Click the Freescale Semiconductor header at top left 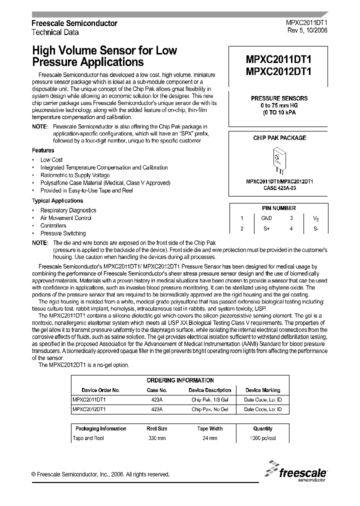pyautogui.click(x=74, y=23)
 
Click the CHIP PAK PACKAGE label pyautogui.click(x=279, y=138)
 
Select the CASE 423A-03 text pyautogui.click(x=279, y=188)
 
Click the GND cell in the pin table pyautogui.click(x=266, y=218)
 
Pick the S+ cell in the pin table pyautogui.click(x=266, y=228)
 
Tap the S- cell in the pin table pyautogui.click(x=315, y=228)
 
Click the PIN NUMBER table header pyautogui.click(x=279, y=208)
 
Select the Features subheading pyautogui.click(x=43, y=150)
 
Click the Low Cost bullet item pyautogui.click(x=51, y=160)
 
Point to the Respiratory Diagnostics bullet pyautogui.click(x=68, y=210)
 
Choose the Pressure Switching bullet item pyautogui.click(x=63, y=233)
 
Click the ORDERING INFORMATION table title pyautogui.click(x=180, y=380)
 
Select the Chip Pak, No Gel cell pyautogui.click(x=209, y=409)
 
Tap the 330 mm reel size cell pyautogui.click(x=156, y=438)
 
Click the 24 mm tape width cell pyautogui.click(x=209, y=438)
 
